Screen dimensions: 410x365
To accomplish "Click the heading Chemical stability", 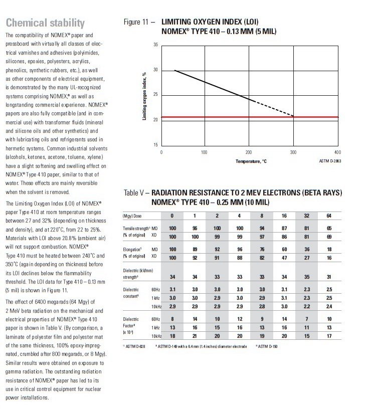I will (44, 23).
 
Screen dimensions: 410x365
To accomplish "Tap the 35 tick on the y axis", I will (156, 45).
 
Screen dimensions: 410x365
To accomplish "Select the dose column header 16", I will (285, 216).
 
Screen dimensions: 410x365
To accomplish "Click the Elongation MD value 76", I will (262, 249).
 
